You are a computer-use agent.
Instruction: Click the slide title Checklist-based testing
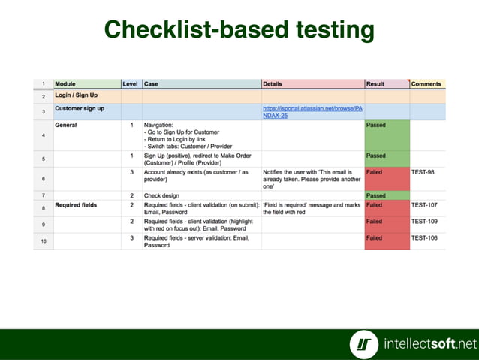(x=239, y=29)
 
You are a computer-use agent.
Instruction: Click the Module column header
(x=65, y=83)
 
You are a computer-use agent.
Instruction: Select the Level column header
(x=130, y=83)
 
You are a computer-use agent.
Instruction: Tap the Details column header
(x=273, y=83)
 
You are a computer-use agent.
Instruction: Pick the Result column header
(x=375, y=83)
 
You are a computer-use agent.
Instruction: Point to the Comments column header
(x=426, y=83)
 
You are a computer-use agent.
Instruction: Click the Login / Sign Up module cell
(x=77, y=95)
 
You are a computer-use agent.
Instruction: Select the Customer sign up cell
(x=80, y=109)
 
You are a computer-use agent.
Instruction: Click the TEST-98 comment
(x=423, y=172)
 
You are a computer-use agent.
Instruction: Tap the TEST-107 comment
(x=425, y=204)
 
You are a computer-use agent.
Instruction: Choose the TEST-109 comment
(x=425, y=222)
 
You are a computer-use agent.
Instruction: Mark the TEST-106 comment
(x=425, y=237)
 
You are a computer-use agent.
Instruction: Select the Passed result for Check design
(x=376, y=195)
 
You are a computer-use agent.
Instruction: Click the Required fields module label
(x=78, y=204)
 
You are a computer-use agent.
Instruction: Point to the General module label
(x=67, y=125)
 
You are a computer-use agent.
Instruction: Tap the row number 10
(x=43, y=241)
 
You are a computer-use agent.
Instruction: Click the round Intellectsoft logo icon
(x=364, y=344)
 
